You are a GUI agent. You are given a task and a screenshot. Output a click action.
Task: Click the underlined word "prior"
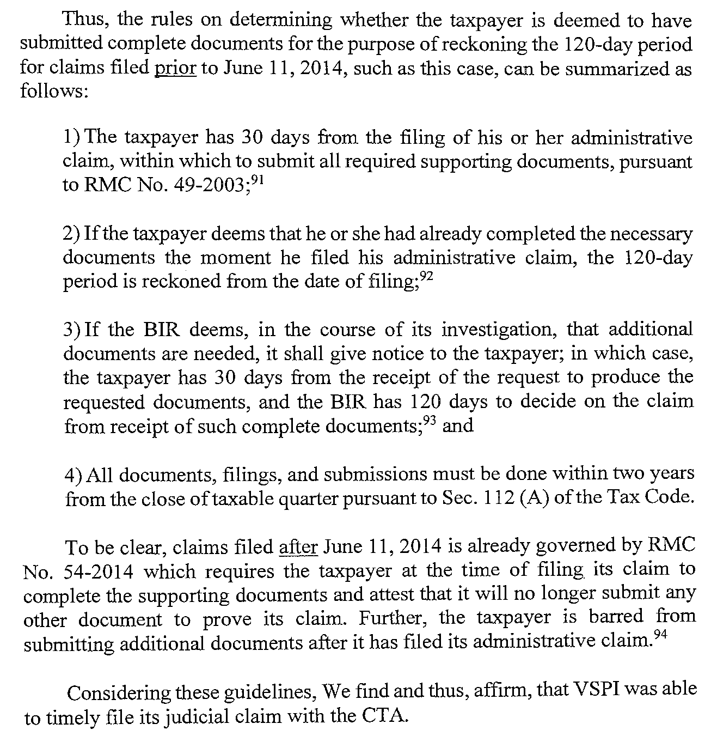(x=175, y=69)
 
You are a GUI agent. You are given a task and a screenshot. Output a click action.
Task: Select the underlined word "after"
(x=298, y=546)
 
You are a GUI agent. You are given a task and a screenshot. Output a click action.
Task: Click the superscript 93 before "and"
(x=431, y=421)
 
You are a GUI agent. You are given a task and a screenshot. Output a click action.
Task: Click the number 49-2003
(x=213, y=186)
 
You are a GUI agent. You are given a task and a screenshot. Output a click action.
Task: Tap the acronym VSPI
(x=597, y=690)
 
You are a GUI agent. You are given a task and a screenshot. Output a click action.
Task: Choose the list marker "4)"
(x=73, y=475)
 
